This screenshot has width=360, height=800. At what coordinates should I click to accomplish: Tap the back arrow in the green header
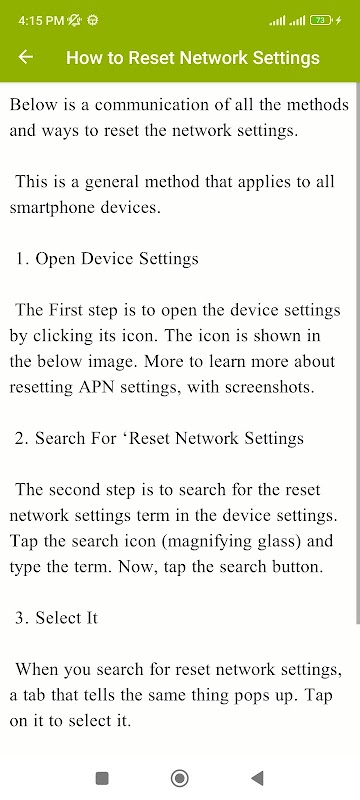25,57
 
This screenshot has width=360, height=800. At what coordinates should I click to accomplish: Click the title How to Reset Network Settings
193,58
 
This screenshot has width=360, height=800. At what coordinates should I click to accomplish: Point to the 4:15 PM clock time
41,20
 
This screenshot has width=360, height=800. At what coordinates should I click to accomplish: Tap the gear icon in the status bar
93,20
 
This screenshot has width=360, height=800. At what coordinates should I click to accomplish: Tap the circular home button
179,778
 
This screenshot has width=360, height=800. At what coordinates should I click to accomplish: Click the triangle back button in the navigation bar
258,778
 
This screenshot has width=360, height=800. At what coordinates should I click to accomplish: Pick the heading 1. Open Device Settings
107,259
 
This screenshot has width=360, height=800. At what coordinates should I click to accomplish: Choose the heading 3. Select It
56,618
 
